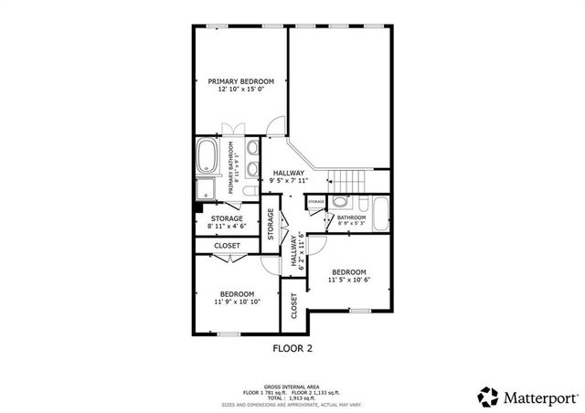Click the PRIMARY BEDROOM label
point(241,81)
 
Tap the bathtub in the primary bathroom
point(207,158)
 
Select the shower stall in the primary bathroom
point(207,190)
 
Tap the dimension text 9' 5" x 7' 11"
point(288,181)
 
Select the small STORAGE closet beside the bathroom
point(316,202)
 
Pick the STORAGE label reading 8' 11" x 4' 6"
point(227,219)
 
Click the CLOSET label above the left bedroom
point(227,246)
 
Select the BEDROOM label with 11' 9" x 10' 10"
point(237,293)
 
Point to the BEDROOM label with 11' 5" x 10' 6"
point(348,272)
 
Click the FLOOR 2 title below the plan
point(292,348)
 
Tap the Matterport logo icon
point(487,396)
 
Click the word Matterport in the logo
point(537,397)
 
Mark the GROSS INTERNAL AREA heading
point(291,387)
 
